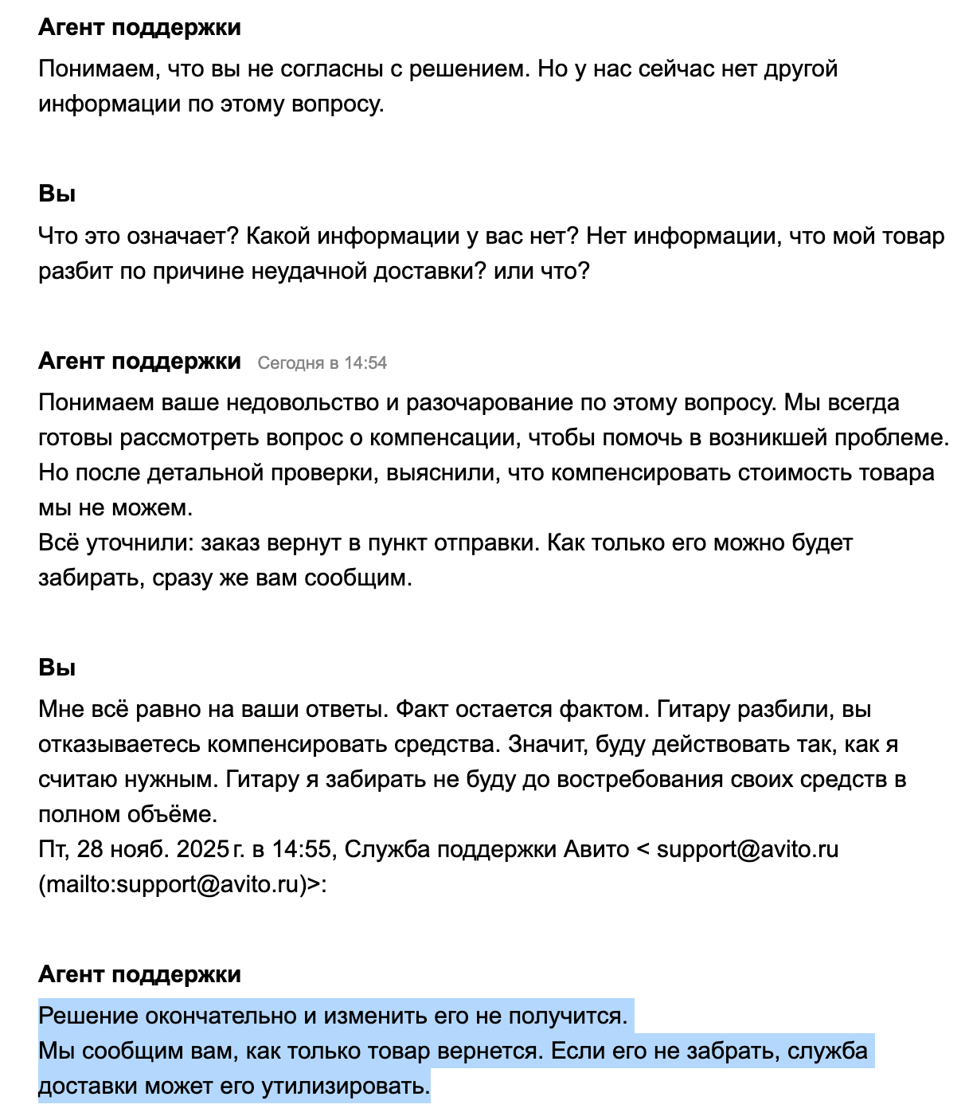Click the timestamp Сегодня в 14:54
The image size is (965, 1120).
click(322, 363)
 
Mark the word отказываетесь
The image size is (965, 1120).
click(119, 745)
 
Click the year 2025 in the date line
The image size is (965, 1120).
click(203, 850)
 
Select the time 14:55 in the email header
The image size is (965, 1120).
click(301, 850)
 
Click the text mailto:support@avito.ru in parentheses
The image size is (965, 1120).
click(172, 885)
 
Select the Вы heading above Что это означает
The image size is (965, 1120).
click(57, 194)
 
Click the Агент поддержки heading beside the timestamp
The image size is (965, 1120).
click(139, 362)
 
